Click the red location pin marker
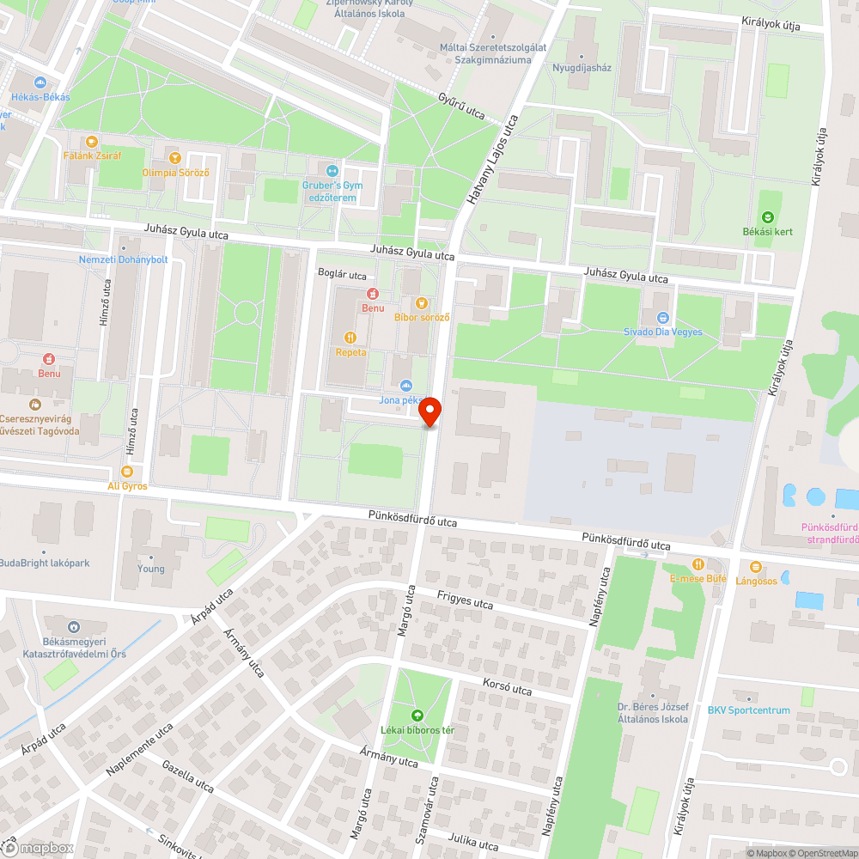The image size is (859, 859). pyautogui.click(x=429, y=411)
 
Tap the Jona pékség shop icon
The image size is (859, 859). pyautogui.click(x=406, y=385)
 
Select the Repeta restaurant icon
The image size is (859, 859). pyautogui.click(x=350, y=338)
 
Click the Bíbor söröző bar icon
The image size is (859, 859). pyautogui.click(x=421, y=302)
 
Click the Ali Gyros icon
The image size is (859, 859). pyautogui.click(x=127, y=471)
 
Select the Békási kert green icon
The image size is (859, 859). pyautogui.click(x=767, y=216)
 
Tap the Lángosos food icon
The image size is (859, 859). pyautogui.click(x=756, y=566)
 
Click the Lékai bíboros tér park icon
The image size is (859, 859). pyautogui.click(x=417, y=715)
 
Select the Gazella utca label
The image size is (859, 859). pyautogui.click(x=187, y=775)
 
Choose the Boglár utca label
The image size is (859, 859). pyautogui.click(x=342, y=276)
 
